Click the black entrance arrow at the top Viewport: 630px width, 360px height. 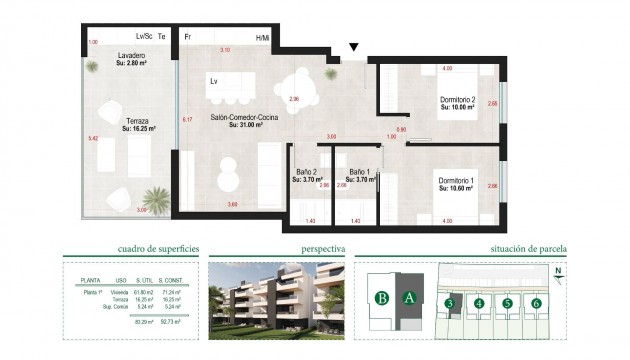click(x=353, y=47)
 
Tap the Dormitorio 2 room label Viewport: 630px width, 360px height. click(x=457, y=104)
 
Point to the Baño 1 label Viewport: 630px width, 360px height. click(x=358, y=175)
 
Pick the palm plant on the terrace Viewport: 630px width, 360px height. click(x=156, y=198)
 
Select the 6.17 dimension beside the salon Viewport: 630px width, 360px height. click(x=186, y=120)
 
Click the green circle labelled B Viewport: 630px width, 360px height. click(x=381, y=297)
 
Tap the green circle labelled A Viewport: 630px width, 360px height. click(x=407, y=297)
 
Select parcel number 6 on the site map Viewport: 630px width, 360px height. click(x=537, y=303)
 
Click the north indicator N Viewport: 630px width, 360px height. click(x=559, y=270)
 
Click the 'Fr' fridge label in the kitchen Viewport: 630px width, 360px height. click(x=187, y=36)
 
